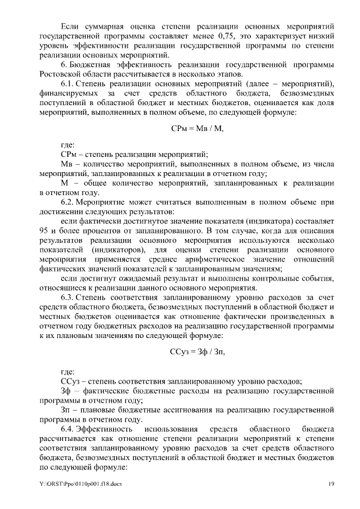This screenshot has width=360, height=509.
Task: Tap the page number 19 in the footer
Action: coord(332,484)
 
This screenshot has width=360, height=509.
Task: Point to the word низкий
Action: coord(322,35)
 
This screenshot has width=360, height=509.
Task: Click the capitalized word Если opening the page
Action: coord(69,26)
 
